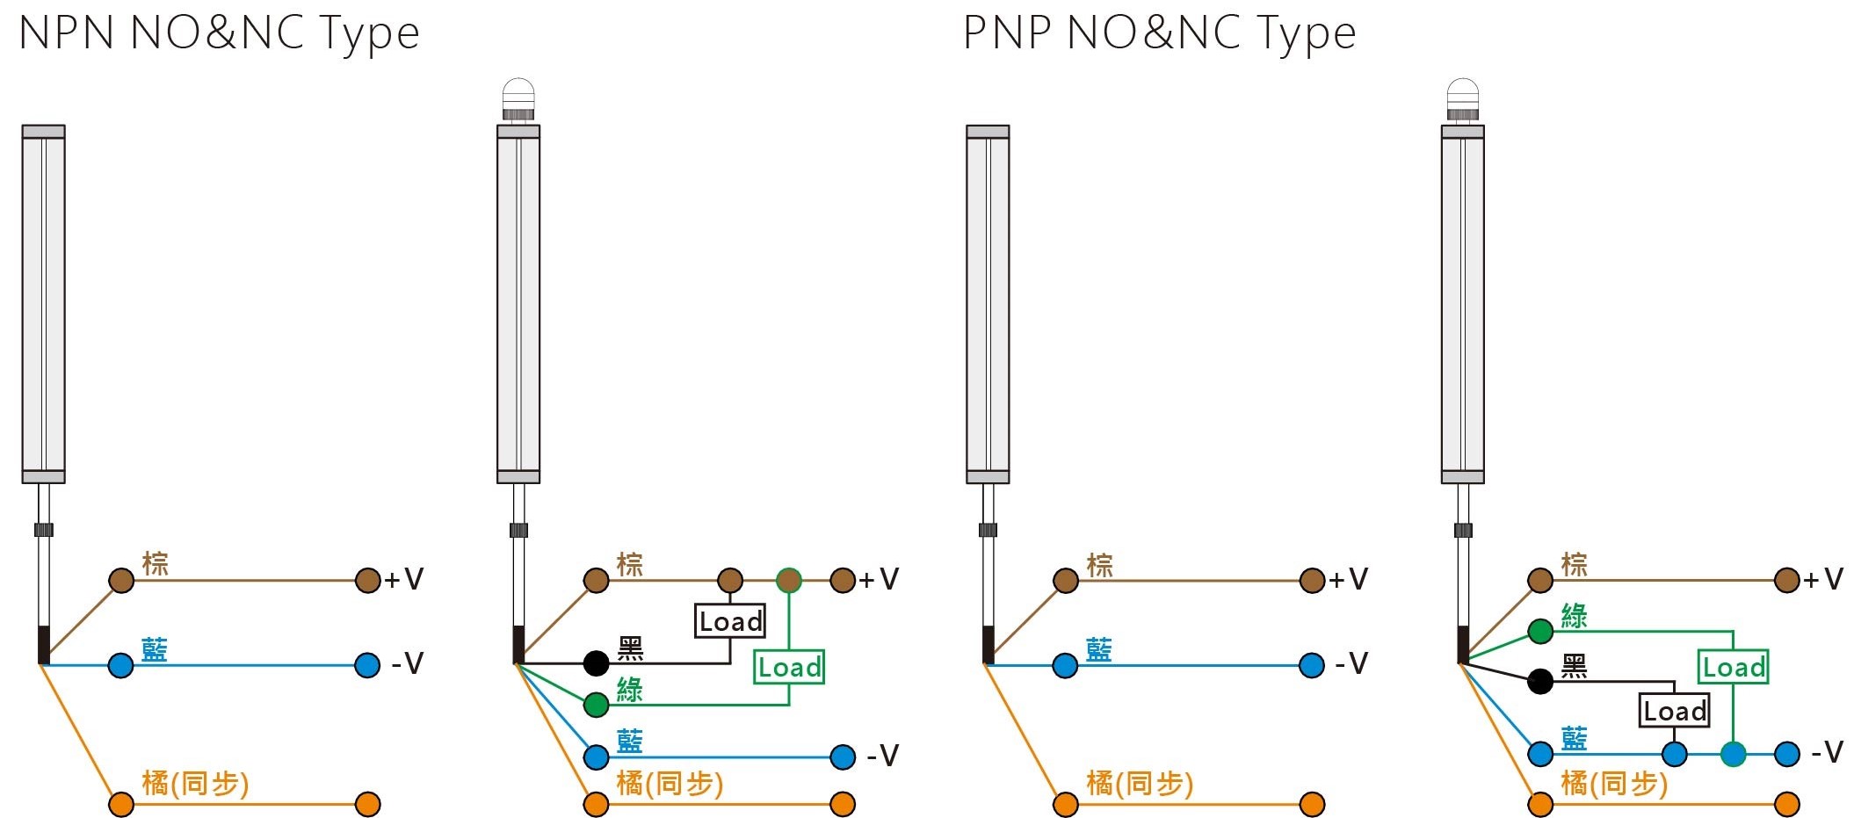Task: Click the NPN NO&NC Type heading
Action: (x=219, y=33)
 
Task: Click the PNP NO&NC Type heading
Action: (x=1160, y=33)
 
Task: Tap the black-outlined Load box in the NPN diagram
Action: (x=730, y=621)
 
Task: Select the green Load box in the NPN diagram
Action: (x=789, y=667)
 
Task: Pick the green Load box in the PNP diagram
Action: (x=1734, y=667)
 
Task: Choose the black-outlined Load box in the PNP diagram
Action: (x=1675, y=710)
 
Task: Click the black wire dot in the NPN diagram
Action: (x=597, y=663)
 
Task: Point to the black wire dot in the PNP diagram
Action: (x=1540, y=681)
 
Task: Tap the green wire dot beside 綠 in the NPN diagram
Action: (x=597, y=705)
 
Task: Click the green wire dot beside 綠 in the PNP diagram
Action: (x=1540, y=631)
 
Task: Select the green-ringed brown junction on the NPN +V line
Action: (x=789, y=580)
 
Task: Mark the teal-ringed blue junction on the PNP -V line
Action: (x=1734, y=754)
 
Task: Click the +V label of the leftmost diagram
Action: (x=404, y=580)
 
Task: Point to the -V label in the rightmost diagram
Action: (x=1827, y=752)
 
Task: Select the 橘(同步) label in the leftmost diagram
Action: (x=196, y=783)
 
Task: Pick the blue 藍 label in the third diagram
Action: (x=1099, y=650)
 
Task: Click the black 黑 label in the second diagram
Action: (x=631, y=649)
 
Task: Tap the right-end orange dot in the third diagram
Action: (x=1313, y=804)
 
